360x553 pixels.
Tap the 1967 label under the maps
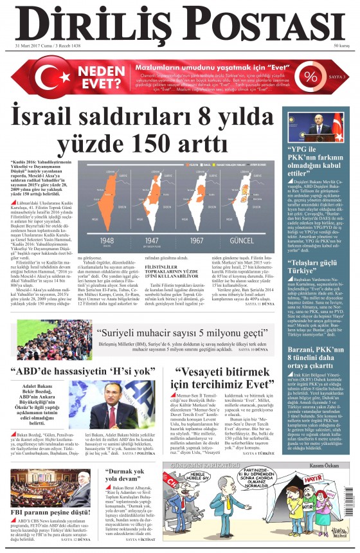pos(206,242)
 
